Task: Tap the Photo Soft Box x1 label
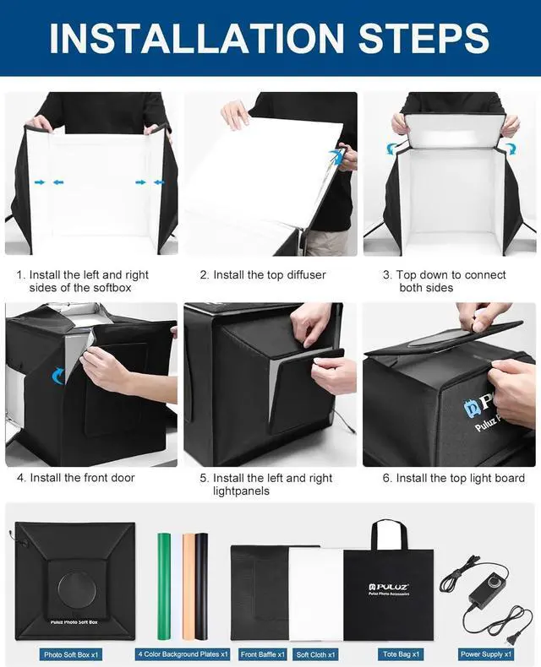click(72, 654)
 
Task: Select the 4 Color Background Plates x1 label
click(183, 654)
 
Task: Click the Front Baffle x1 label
click(263, 654)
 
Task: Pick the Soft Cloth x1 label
click(315, 654)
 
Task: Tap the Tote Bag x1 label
click(400, 654)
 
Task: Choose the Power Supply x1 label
click(486, 654)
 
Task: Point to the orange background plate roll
click(188, 583)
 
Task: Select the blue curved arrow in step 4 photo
click(58, 375)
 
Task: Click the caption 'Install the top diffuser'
click(269, 275)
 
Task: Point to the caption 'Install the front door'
click(82, 478)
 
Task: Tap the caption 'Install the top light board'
click(460, 478)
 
